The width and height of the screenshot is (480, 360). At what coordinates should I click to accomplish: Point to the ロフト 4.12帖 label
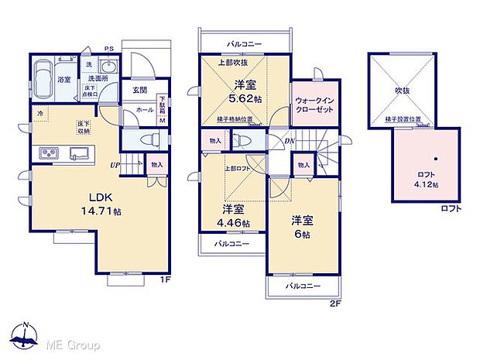point(423,180)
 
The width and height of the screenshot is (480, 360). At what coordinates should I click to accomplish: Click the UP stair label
point(114,164)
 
